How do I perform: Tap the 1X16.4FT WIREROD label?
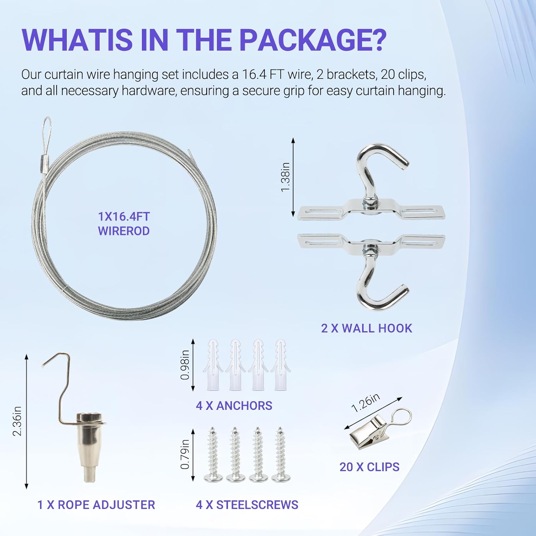pos(124,224)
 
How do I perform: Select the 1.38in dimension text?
pos(285,177)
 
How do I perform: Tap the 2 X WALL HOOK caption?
pos(367,328)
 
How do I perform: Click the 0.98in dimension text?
pos(185,364)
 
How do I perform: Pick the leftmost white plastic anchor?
pos(213,364)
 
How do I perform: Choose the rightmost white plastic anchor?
pos(281,364)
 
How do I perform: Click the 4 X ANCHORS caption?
pos(234,406)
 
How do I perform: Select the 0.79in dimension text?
pos(185,454)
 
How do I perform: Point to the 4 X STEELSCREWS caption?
pos(247,505)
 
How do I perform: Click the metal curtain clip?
pos(372,432)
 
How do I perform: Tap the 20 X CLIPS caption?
pos(369,467)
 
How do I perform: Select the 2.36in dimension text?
pos(17,421)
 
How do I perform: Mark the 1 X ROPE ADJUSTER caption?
pos(96,505)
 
